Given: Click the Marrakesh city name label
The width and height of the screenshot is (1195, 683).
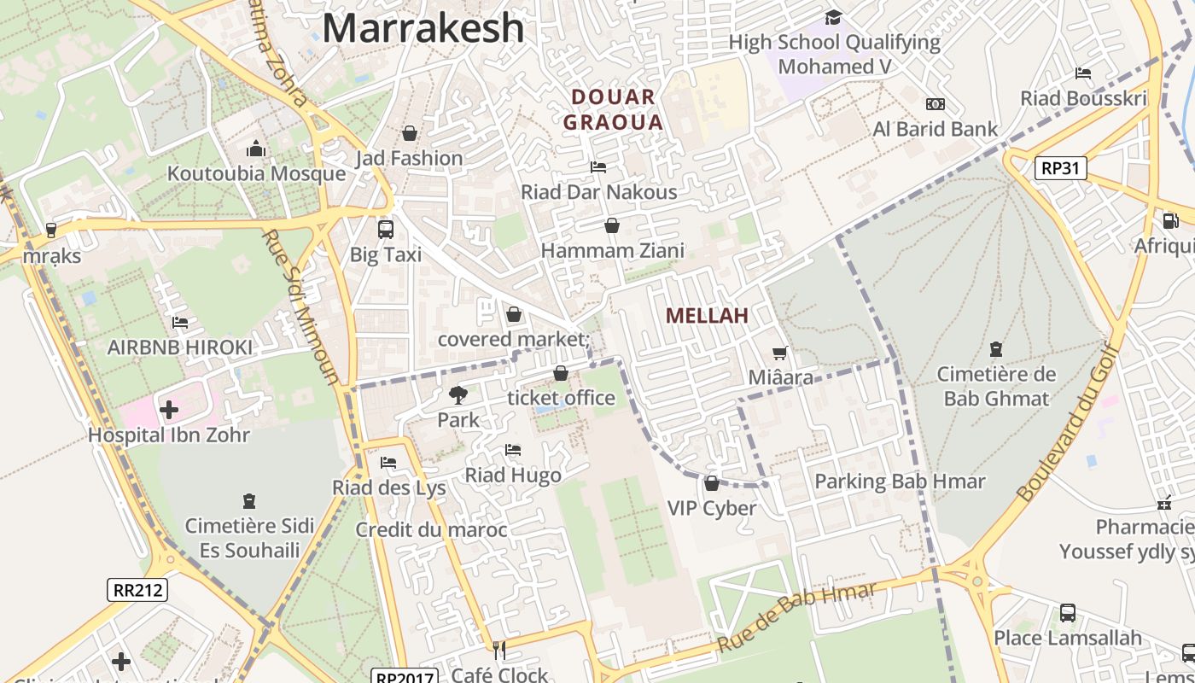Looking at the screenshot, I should [423, 27].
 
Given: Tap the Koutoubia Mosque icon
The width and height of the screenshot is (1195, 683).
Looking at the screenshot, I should [256, 149].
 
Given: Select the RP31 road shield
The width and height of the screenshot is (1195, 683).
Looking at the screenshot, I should [1061, 168].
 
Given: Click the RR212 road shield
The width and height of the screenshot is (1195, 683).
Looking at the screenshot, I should [137, 589].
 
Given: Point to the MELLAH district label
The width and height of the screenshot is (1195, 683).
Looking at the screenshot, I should [707, 315].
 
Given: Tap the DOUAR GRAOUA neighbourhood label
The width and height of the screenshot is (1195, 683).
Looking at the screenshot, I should [613, 109].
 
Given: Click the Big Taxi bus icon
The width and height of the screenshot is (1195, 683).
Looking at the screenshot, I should [386, 229].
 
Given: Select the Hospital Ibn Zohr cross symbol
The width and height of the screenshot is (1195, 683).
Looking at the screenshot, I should [169, 410].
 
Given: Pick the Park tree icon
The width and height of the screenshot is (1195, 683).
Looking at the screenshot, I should [458, 394].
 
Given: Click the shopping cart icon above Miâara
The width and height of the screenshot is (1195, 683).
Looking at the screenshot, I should [779, 352].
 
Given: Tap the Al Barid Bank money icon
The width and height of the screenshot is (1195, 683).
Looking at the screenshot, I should [936, 104].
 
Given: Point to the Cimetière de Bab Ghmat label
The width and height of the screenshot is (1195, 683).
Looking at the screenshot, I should [996, 386].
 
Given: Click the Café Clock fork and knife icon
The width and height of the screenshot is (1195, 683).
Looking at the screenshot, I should [499, 651].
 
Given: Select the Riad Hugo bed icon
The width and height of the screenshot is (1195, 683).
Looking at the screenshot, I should [512, 449].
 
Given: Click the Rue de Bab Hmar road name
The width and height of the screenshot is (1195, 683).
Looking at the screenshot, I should [796, 617].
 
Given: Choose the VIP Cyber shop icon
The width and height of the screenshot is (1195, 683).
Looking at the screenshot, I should [711, 483].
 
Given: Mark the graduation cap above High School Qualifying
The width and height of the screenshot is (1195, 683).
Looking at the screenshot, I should [833, 17].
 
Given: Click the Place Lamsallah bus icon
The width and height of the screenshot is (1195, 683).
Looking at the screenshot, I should [1067, 612].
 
